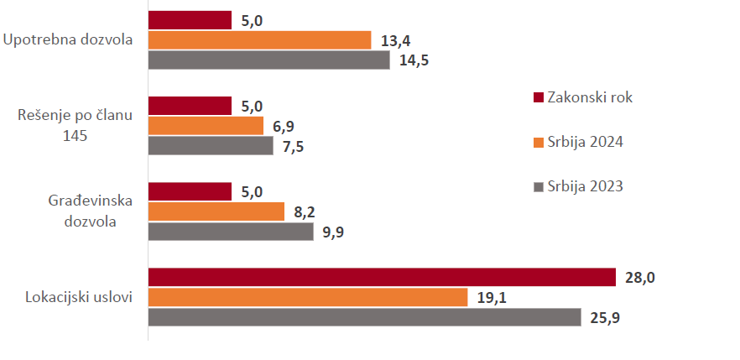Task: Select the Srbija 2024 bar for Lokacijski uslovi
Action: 308,297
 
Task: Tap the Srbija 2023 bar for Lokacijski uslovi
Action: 364,317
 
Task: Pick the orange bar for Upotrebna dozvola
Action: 259,40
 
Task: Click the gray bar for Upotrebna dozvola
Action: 268,60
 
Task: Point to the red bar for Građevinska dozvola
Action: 190,191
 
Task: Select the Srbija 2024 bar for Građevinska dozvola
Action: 216,211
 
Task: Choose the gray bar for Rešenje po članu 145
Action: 211,146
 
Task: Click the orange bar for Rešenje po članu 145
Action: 206,126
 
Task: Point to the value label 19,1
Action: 492,298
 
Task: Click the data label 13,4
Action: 395,41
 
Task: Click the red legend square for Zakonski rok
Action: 539,97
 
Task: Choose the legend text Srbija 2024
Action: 586,142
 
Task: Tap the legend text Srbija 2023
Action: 586,186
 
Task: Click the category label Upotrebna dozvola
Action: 68,40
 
